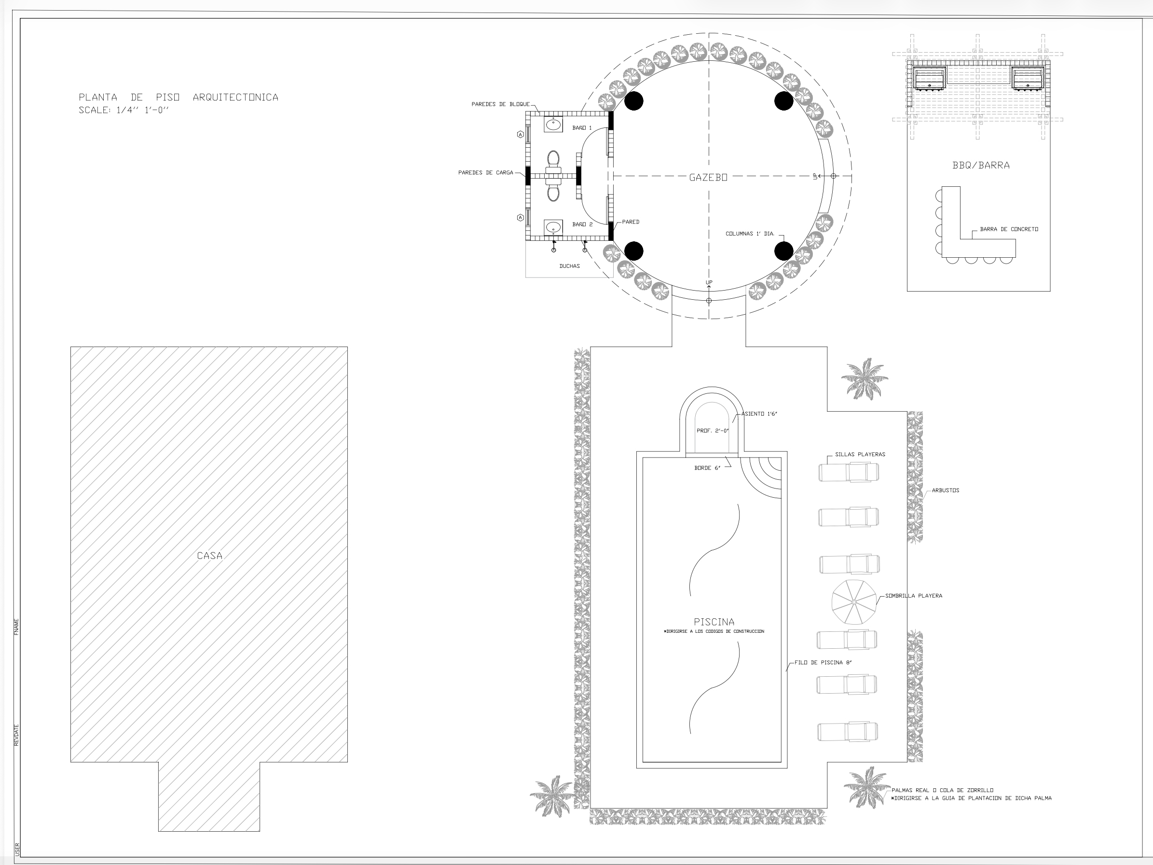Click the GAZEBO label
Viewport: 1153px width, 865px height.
click(708, 177)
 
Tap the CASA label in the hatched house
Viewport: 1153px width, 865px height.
click(209, 556)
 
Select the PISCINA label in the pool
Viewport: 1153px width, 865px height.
click(714, 622)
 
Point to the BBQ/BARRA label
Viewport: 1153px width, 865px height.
click(980, 165)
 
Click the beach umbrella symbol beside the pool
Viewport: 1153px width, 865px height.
click(854, 602)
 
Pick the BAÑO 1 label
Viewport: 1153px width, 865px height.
click(582, 128)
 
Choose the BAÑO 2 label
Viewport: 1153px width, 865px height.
click(582, 224)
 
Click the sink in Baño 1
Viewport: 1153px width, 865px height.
click(553, 124)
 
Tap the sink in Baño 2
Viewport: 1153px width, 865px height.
click(553, 227)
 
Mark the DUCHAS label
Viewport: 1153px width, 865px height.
click(569, 266)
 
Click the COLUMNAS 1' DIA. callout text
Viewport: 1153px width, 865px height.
click(750, 234)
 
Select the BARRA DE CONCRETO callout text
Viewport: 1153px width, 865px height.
click(1009, 229)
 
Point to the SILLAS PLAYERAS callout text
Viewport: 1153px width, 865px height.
click(860, 454)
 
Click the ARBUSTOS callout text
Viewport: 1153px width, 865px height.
click(946, 490)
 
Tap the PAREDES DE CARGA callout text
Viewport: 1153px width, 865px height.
click(485, 173)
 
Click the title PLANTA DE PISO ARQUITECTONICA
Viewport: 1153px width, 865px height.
click(178, 97)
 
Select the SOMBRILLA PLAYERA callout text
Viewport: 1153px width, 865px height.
click(914, 596)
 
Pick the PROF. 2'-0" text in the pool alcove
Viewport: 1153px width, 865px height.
click(713, 431)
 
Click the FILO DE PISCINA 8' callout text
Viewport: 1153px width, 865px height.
click(823, 662)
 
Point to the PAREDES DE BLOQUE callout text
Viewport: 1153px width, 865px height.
click(500, 104)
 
